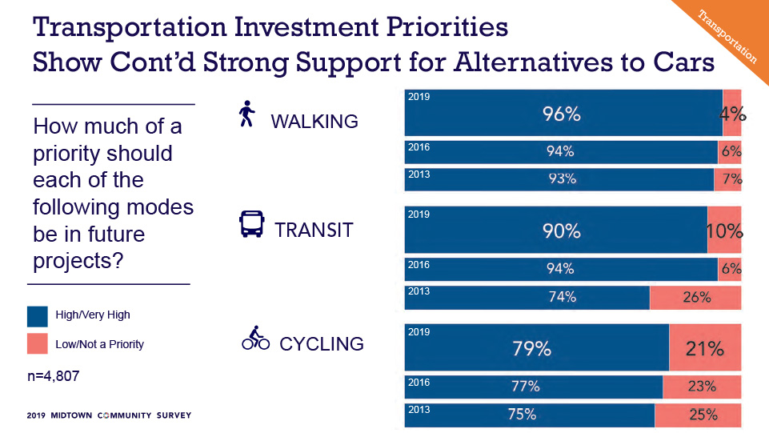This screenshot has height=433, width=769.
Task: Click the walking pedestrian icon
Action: [246, 114]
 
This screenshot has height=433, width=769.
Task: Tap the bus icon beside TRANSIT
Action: [251, 225]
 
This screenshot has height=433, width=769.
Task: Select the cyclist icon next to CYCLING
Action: [255, 339]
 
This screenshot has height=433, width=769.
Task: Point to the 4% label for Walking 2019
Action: [732, 114]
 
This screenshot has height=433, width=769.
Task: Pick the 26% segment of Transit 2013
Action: [695, 297]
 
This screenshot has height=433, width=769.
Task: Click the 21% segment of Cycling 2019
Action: [705, 348]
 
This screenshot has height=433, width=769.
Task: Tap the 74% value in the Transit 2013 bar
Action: [563, 297]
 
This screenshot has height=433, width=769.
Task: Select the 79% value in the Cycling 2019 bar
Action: [531, 349]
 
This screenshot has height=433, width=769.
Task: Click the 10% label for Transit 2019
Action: [725, 231]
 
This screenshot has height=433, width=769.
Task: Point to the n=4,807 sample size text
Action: [57, 375]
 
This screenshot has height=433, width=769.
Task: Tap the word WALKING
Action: [314, 122]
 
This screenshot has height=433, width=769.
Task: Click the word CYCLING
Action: [322, 344]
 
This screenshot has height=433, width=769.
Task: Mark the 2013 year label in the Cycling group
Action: [419, 409]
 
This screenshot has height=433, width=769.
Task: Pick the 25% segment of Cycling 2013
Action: [698, 415]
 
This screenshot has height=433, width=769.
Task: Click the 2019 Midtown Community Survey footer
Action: [108, 416]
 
